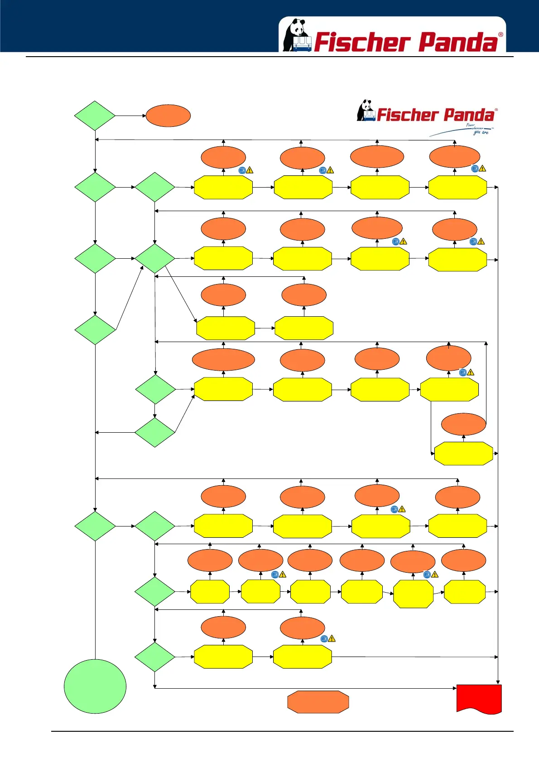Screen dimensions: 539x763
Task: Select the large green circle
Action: tap(95, 686)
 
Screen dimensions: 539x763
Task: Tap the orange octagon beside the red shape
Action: tap(318, 702)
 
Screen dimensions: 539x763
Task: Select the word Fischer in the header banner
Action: tap(362, 42)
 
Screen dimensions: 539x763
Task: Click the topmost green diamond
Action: tap(95, 116)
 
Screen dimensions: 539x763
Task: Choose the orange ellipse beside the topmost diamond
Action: tap(168, 116)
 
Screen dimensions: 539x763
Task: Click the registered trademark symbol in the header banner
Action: tap(500, 34)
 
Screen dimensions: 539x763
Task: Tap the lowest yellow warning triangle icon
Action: tap(332, 639)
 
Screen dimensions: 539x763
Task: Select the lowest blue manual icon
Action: tap(324, 639)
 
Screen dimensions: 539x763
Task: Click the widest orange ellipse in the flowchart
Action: tap(223, 360)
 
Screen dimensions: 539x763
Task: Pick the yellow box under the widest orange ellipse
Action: tap(223, 389)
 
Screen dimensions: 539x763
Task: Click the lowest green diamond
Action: tap(155, 657)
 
